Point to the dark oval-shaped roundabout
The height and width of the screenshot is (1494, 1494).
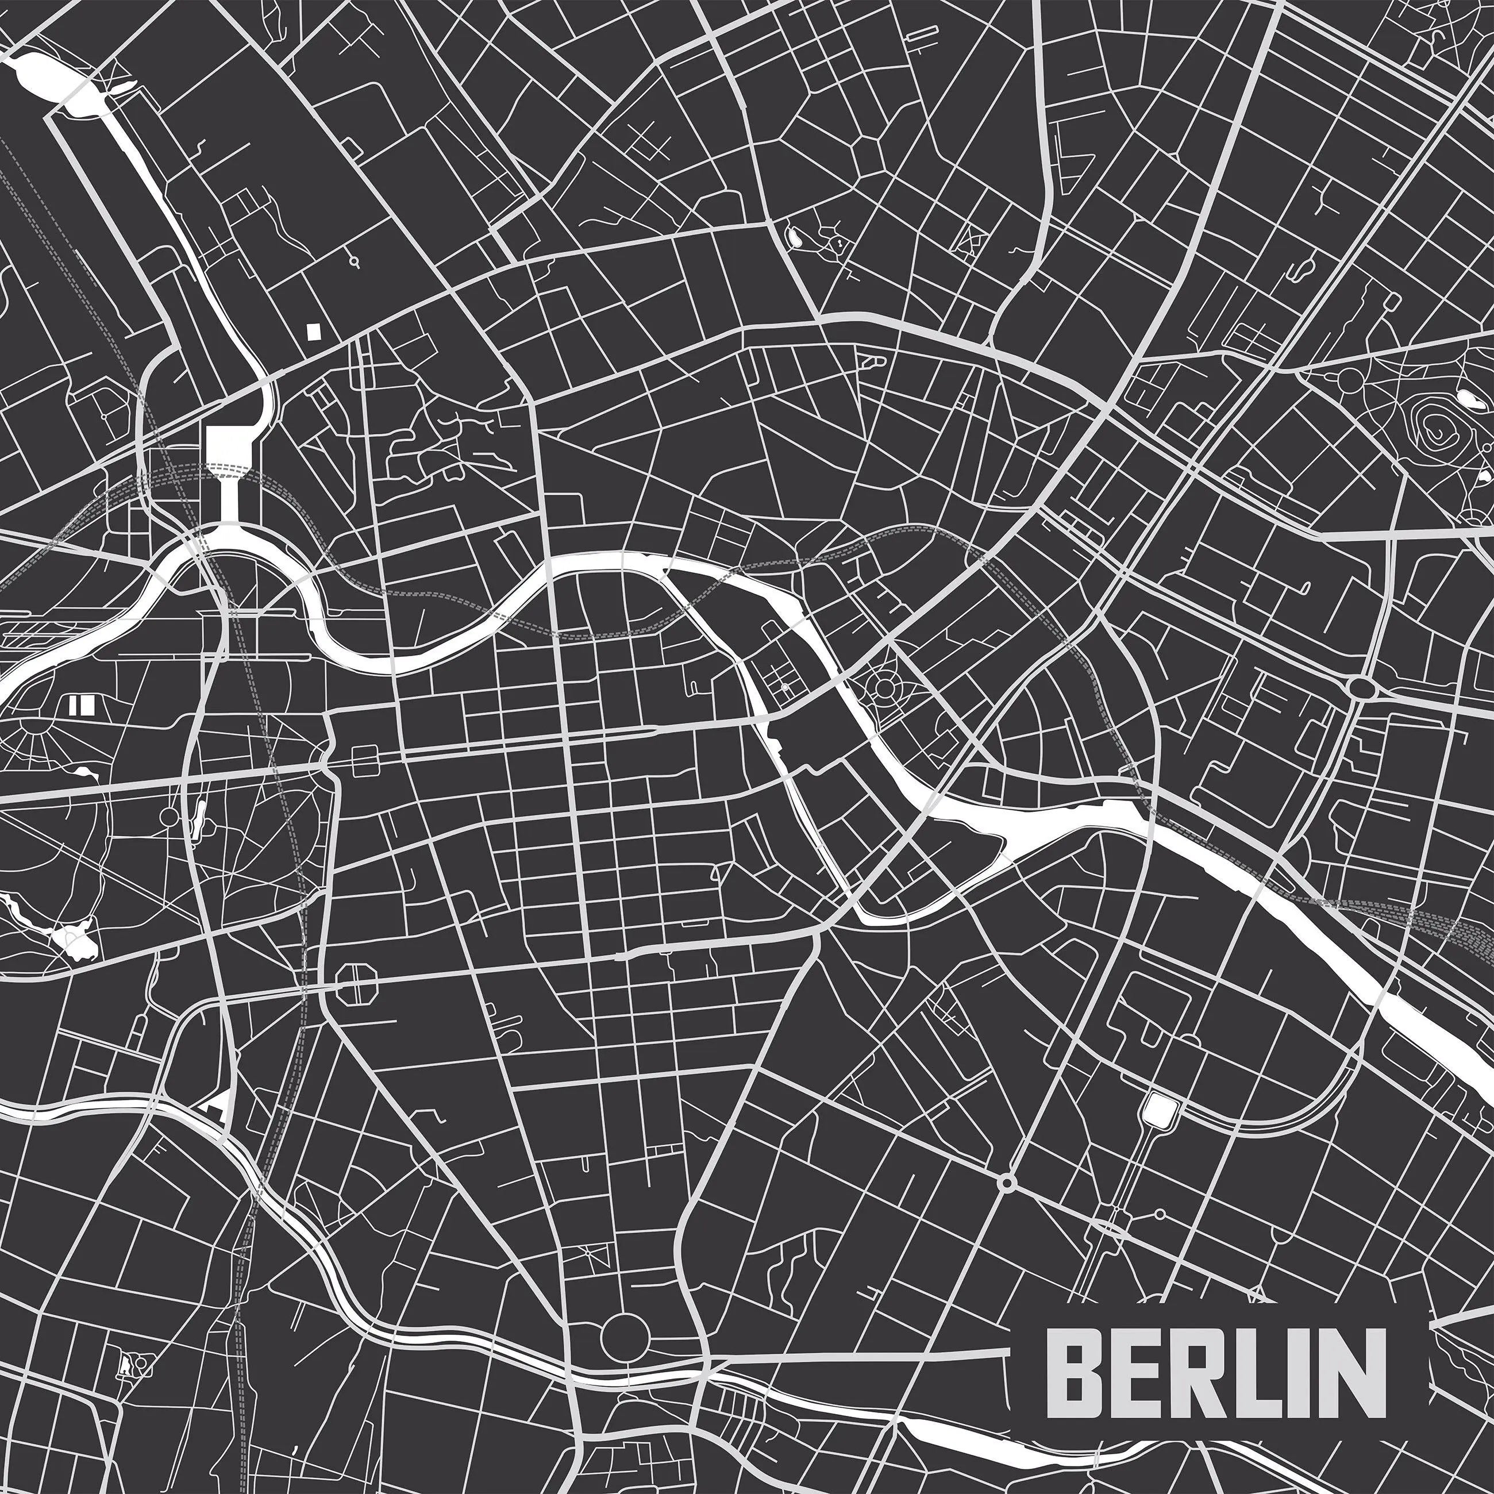point(1361,686)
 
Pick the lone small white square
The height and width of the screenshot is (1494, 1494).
point(313,331)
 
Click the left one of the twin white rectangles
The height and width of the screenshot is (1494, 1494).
point(74,704)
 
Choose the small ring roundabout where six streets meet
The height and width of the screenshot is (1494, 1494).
point(1006,1204)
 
